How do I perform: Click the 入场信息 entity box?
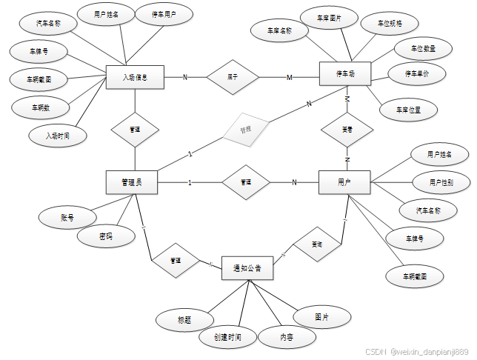coord(136,76)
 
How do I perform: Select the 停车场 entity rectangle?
coord(344,75)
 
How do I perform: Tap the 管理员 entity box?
coord(133,182)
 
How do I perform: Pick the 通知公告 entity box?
coord(247,268)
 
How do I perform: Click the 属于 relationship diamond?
coord(233,76)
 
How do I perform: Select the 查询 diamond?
coord(317,244)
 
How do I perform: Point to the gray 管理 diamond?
coord(246,130)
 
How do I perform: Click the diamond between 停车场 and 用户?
coord(346,130)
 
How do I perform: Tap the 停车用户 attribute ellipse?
coord(164,14)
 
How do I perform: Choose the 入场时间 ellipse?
coord(57,136)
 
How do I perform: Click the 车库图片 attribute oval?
coord(329,17)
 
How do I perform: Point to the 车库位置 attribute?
coord(407,110)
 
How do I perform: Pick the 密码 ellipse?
coord(107,237)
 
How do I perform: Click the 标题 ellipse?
coord(184,320)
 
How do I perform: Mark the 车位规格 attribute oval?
coord(390,23)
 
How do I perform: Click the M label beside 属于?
coord(290,77)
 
